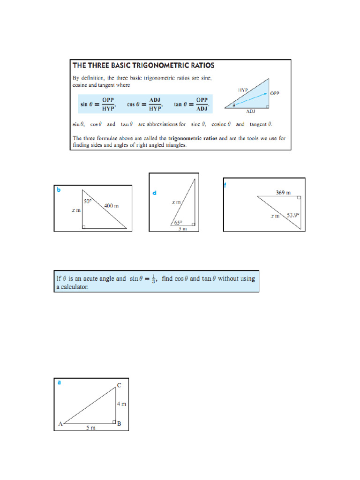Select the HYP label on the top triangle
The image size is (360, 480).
(x=243, y=89)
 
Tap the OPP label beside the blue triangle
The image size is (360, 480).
(x=275, y=93)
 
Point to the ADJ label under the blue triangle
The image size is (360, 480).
(x=251, y=112)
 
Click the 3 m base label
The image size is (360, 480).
(x=182, y=229)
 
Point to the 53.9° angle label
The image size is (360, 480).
(x=293, y=215)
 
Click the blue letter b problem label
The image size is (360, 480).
(x=59, y=190)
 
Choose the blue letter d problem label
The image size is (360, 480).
(x=154, y=193)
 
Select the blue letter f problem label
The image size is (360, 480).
(x=225, y=185)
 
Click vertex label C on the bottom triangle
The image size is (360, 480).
(x=119, y=385)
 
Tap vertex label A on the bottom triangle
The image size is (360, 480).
(x=60, y=424)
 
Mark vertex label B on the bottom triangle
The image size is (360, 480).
(x=120, y=424)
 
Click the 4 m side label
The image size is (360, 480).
(x=121, y=404)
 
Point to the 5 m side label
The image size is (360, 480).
(x=90, y=428)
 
